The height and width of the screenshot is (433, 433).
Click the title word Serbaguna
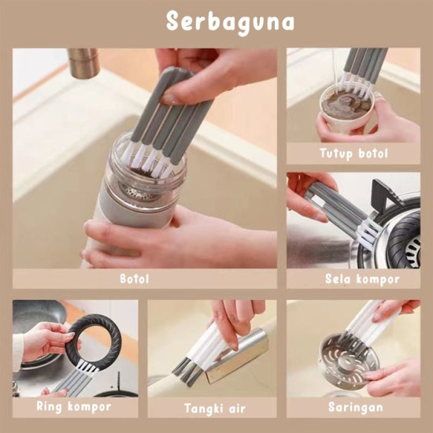pyautogui.click(x=230, y=21)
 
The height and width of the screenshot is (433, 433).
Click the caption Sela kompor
pyautogui.click(x=362, y=278)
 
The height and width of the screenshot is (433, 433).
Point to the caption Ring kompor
pyautogui.click(x=73, y=406)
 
